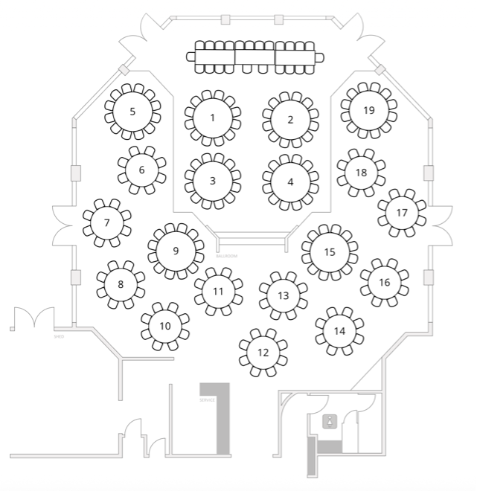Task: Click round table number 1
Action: click(x=213, y=118)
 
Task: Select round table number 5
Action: click(x=132, y=112)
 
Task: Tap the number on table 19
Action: click(x=368, y=110)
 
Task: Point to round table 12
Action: click(x=263, y=352)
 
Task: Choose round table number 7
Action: click(x=106, y=222)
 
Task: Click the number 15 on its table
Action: click(x=330, y=251)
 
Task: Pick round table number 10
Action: click(x=165, y=326)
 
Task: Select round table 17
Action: click(x=402, y=212)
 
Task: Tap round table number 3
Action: click(x=213, y=181)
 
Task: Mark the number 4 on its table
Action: click(x=290, y=182)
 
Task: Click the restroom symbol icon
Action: click(x=329, y=422)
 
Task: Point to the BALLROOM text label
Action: click(x=227, y=256)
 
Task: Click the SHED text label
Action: click(x=59, y=336)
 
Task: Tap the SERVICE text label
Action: click(x=207, y=399)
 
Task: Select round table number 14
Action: click(x=339, y=331)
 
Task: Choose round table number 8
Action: click(x=121, y=283)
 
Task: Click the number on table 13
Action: click(x=283, y=295)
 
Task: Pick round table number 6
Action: click(x=141, y=170)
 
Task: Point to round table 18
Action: click(x=361, y=173)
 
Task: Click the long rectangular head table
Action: click(x=255, y=57)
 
